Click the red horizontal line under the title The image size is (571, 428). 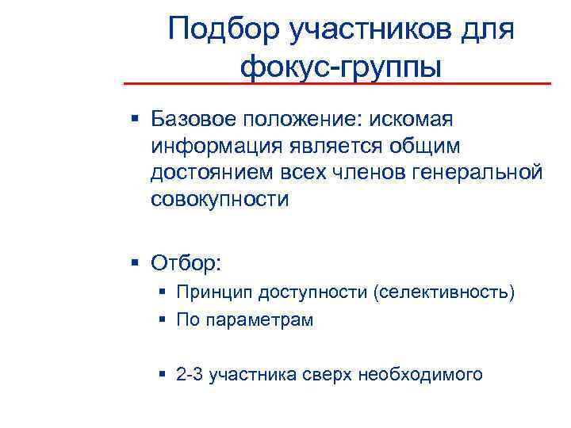[336, 83]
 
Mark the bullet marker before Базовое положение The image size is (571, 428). [136, 120]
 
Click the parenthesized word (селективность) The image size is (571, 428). [441, 293]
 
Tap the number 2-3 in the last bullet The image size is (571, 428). [189, 373]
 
